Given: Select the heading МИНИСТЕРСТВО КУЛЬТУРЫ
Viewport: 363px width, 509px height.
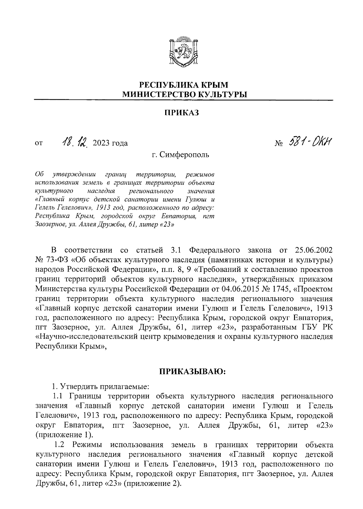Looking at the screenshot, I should (x=184, y=95).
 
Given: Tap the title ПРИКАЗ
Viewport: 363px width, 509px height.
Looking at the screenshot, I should (x=182, y=113).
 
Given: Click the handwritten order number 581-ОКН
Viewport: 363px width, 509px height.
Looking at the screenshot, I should (x=309, y=141).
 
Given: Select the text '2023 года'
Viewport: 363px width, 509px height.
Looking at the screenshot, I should (x=111, y=143).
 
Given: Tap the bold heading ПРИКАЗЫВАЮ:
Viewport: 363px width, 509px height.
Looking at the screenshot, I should (x=192, y=371).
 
